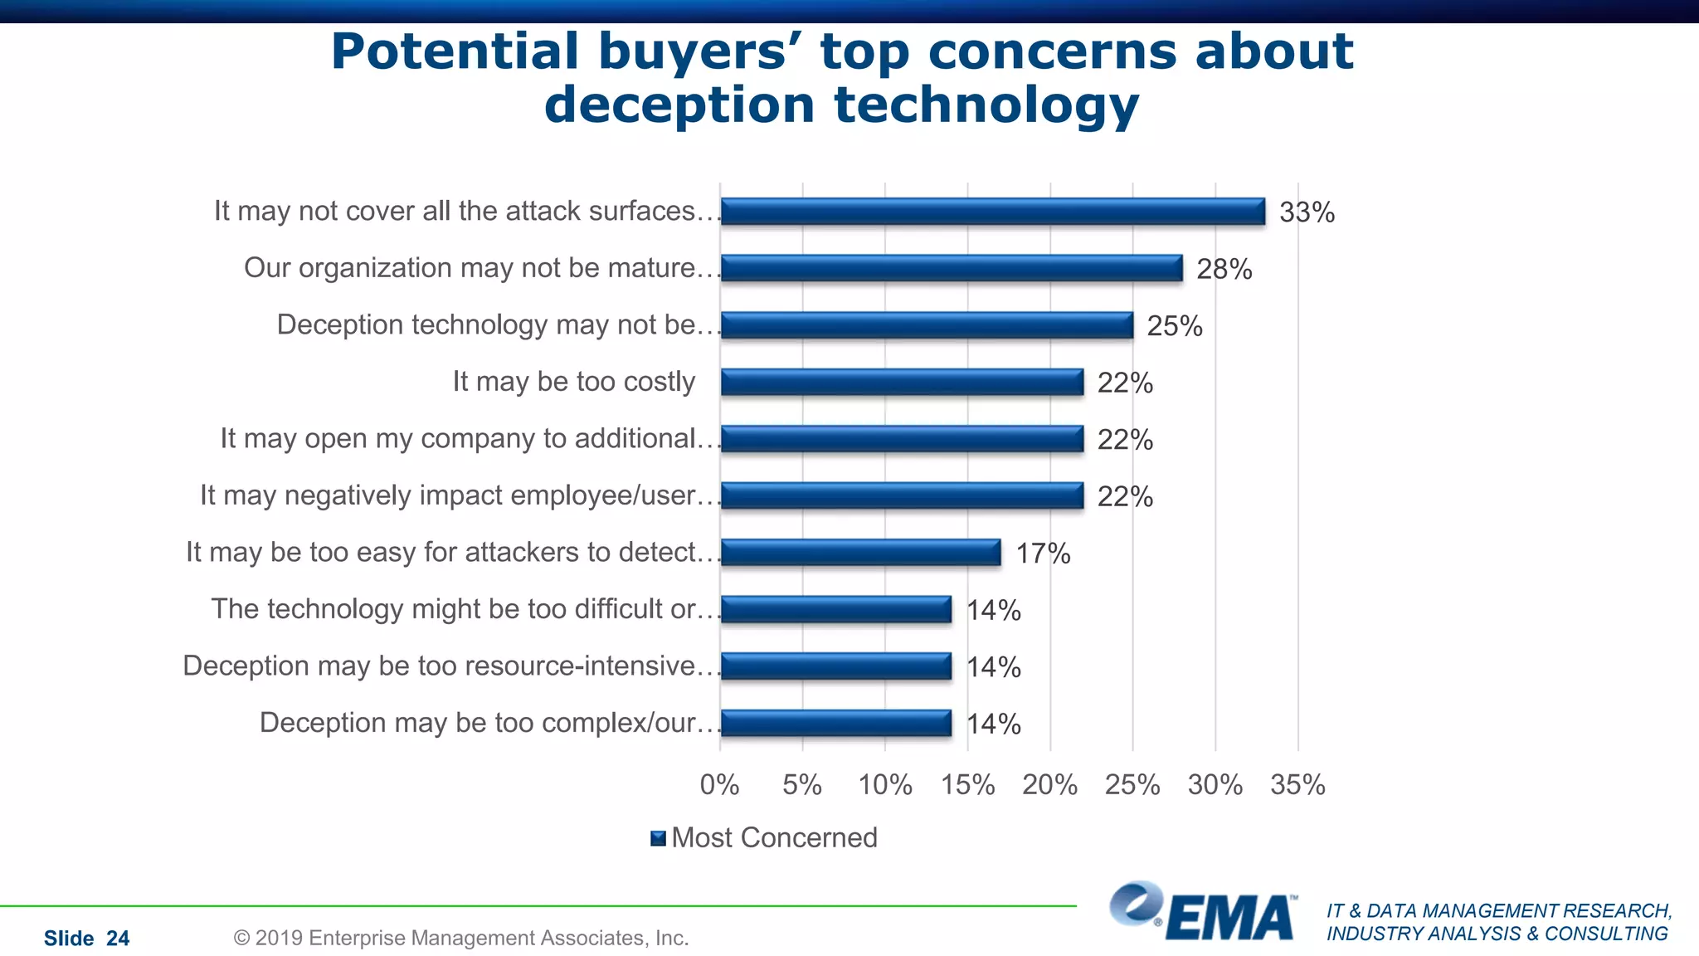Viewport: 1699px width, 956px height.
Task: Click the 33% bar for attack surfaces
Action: (x=992, y=212)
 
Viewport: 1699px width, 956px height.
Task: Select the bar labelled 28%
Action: (x=951, y=268)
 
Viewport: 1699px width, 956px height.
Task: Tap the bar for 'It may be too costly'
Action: (x=902, y=382)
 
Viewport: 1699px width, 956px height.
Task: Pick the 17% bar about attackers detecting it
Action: (x=860, y=553)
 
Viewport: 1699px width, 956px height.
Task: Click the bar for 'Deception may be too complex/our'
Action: (x=835, y=723)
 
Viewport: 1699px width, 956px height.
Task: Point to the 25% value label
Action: (x=1174, y=326)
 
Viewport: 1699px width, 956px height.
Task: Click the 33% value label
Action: (x=1307, y=212)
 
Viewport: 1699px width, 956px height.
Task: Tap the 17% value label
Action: (x=1043, y=554)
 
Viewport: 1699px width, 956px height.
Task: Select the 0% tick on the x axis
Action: (x=719, y=784)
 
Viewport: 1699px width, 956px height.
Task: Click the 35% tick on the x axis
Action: (x=1297, y=784)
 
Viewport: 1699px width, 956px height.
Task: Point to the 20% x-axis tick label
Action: (x=1049, y=784)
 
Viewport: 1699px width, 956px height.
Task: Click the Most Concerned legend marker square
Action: (x=659, y=838)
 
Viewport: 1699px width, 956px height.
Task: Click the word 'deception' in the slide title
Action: (x=679, y=105)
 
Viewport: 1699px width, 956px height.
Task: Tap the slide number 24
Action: (x=118, y=939)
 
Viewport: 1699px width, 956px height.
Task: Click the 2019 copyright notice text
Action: (x=461, y=938)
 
